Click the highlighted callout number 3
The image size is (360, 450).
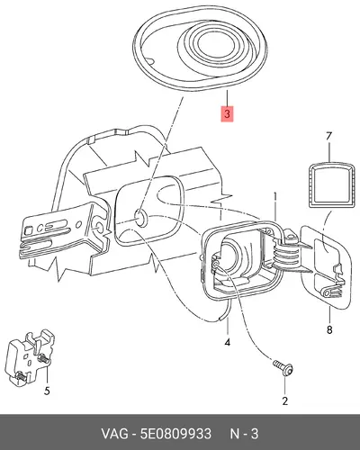pyautogui.click(x=227, y=114)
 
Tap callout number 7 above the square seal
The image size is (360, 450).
pyautogui.click(x=329, y=136)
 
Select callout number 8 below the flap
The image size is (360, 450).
pyautogui.click(x=329, y=330)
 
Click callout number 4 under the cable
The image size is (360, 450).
pyautogui.click(x=228, y=342)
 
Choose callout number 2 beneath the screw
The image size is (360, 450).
pyautogui.click(x=284, y=400)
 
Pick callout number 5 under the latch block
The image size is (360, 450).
pyautogui.click(x=47, y=391)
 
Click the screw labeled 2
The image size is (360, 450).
pyautogui.click(x=283, y=368)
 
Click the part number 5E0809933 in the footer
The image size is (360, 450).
pyautogui.click(x=175, y=434)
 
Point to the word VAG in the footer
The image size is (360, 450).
pyautogui.click(x=113, y=434)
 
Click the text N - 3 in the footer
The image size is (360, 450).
pyautogui.click(x=244, y=434)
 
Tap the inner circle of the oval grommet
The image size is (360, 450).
pyautogui.click(x=217, y=46)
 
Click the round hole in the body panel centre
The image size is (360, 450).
pyautogui.click(x=140, y=217)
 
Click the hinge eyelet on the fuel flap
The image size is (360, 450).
pyautogui.click(x=327, y=292)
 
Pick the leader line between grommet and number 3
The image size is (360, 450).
pyautogui.click(x=227, y=98)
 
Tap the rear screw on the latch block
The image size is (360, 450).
pyautogui.click(x=44, y=358)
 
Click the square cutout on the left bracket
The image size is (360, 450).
pyautogui.click(x=28, y=230)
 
